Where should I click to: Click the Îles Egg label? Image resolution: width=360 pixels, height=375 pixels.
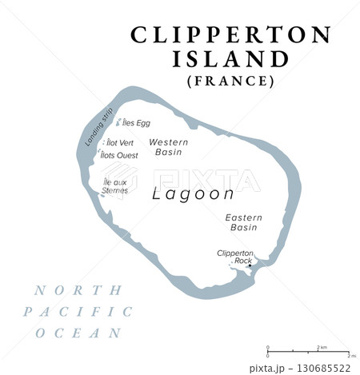(137, 123)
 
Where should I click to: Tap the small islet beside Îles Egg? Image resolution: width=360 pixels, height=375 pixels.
(120, 123)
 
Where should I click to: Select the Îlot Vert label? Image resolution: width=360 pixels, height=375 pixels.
(120, 142)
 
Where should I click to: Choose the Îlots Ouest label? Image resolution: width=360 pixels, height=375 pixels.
(122, 155)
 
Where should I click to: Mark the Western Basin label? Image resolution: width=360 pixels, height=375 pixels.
(168, 146)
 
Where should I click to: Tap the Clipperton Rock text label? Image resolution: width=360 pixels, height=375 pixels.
(235, 257)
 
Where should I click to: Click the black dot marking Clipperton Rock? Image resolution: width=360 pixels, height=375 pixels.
(250, 266)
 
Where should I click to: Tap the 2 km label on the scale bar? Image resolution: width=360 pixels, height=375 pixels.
(322, 347)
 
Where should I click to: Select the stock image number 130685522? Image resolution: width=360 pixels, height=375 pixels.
(322, 367)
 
